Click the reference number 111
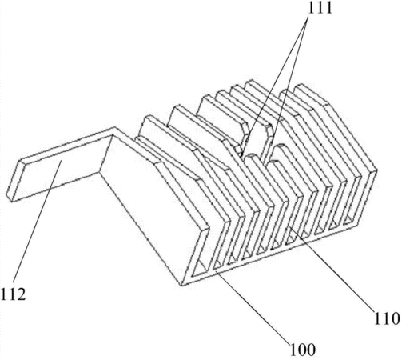click(x=320, y=8)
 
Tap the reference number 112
click(x=13, y=294)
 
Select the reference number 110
click(x=387, y=318)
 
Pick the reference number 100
click(x=303, y=350)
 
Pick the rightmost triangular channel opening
click(x=350, y=221)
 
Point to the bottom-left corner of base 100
click(x=181, y=286)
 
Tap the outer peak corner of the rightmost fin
click(x=376, y=170)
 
